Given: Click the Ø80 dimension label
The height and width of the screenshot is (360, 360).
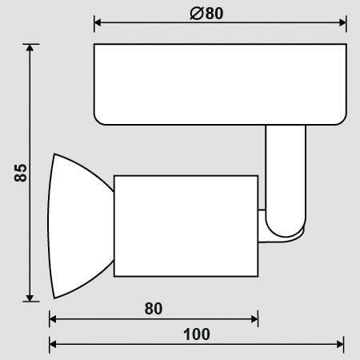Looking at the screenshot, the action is click(x=206, y=14).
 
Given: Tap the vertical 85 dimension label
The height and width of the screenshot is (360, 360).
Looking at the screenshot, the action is click(x=21, y=173).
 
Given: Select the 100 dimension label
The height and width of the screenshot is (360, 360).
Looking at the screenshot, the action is click(x=197, y=334).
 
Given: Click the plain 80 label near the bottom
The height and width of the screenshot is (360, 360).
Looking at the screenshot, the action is click(x=154, y=309).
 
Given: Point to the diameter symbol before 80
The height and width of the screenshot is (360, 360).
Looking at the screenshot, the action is click(x=197, y=14).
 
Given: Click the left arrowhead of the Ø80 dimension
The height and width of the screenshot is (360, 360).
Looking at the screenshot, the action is click(x=98, y=22).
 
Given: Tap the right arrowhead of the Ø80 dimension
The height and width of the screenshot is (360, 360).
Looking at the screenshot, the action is click(x=342, y=22).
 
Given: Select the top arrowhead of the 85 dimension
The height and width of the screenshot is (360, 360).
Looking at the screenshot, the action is click(x=30, y=48).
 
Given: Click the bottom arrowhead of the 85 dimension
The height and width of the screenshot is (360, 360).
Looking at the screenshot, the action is click(x=30, y=298).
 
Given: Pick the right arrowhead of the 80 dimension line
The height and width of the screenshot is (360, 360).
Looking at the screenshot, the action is click(x=254, y=319).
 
